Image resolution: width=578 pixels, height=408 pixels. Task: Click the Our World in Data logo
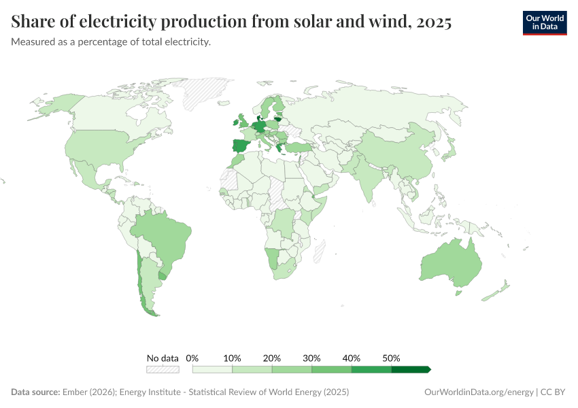pos(544,22)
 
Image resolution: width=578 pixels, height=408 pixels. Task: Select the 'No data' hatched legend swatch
pos(163,369)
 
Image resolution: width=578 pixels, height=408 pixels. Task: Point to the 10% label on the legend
pos(233,358)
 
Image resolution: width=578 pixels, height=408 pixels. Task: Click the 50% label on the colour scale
pos(391,358)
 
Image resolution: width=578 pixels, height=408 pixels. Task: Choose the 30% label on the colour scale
pos(311,358)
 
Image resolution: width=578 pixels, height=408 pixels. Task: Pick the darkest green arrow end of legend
pos(412,369)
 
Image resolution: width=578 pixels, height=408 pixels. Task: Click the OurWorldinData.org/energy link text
pos(478,392)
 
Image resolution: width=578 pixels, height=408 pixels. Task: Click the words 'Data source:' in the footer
pos(35,392)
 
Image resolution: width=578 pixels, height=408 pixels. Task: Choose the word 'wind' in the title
pos(385,22)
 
